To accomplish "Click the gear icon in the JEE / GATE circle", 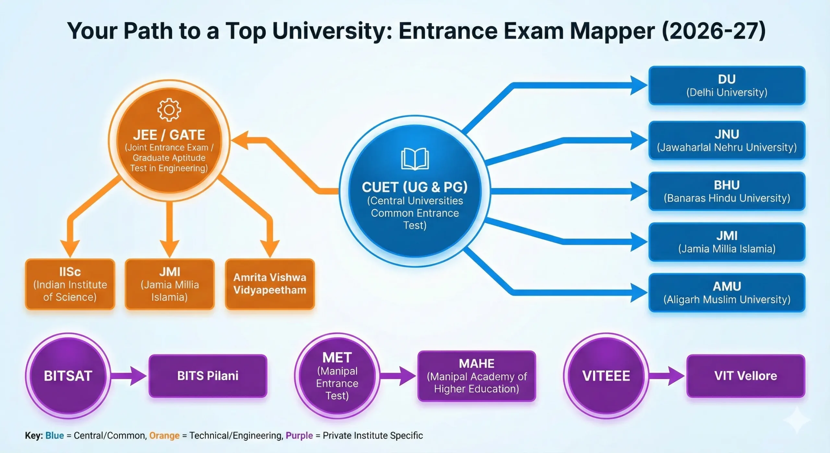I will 169,110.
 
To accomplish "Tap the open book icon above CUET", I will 415,159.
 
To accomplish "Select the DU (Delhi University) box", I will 727,85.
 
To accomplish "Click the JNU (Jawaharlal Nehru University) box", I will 727,141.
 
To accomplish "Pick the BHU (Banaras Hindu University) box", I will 727,191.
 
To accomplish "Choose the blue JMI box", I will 727,242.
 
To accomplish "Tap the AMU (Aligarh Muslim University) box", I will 727,292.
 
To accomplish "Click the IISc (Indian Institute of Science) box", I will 70,284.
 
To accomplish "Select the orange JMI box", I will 170,284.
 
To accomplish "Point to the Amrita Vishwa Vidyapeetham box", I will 270,284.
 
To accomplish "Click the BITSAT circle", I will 68,376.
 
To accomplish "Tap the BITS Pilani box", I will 208,376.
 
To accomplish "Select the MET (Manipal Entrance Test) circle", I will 337,376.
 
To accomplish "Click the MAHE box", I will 477,376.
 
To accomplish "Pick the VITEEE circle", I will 606,376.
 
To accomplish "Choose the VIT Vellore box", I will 746,376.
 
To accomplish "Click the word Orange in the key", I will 164,435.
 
